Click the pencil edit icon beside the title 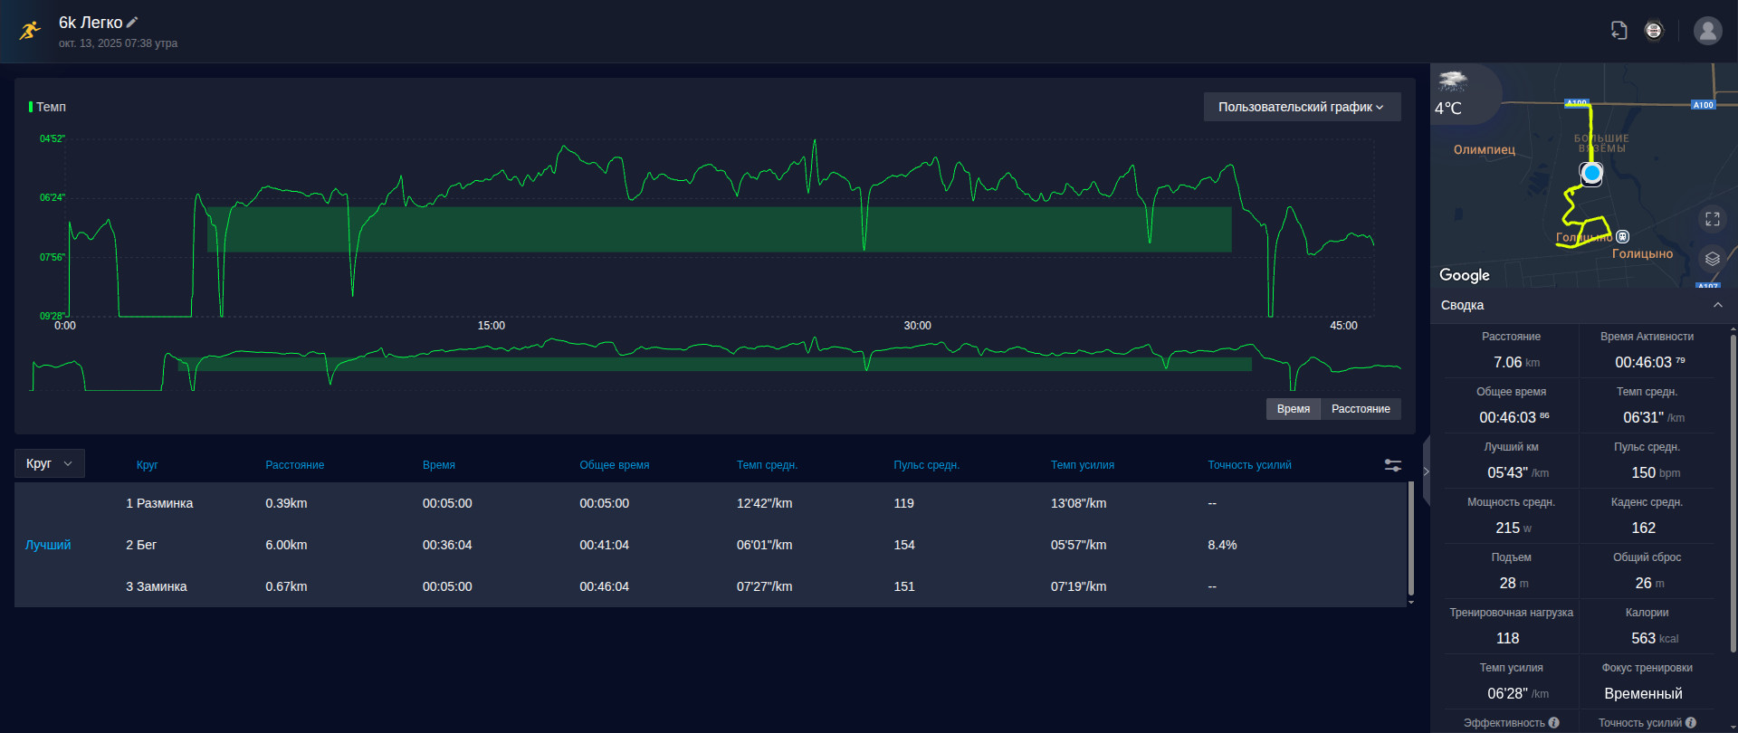tap(132, 22)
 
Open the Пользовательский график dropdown tap(1302, 107)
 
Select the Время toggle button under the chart tap(1294, 409)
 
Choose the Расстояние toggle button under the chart tap(1361, 409)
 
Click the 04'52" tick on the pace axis tap(53, 139)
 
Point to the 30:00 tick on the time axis tap(917, 326)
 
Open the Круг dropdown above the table tap(50, 463)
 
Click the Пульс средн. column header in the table tap(926, 465)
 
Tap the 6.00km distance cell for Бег tap(286, 545)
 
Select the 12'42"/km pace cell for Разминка tap(764, 503)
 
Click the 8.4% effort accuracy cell tap(1222, 545)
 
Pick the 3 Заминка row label tap(157, 586)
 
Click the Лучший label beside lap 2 tap(48, 545)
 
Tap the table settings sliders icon tap(1393, 465)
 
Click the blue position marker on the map tap(1591, 173)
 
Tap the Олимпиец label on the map tap(1485, 149)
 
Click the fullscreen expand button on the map tap(1713, 219)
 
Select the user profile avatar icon tap(1708, 31)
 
